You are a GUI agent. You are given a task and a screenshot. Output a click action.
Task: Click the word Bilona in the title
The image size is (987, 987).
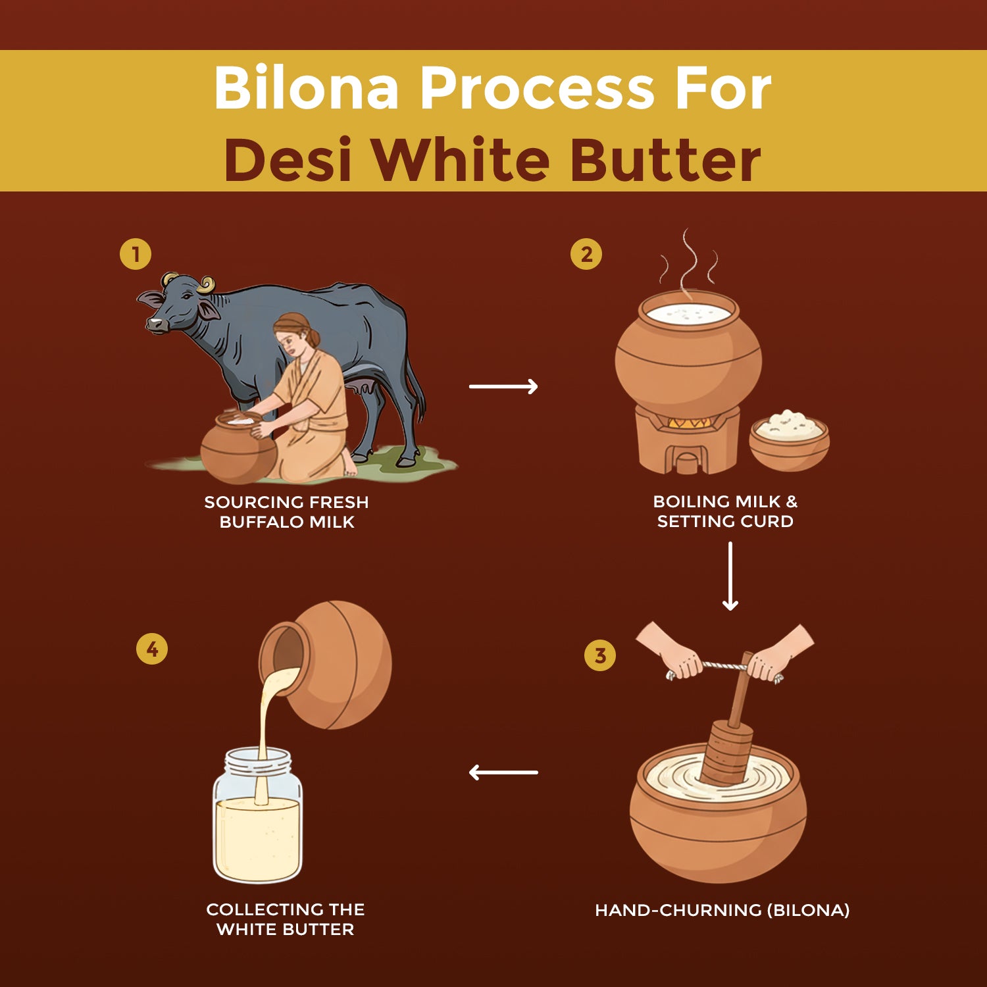point(307,88)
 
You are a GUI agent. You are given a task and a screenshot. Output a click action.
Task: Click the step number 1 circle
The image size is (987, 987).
point(136,255)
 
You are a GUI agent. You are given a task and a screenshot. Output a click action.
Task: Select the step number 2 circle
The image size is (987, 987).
point(586,255)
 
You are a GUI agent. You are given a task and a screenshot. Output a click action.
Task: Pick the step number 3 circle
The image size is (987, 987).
point(600,655)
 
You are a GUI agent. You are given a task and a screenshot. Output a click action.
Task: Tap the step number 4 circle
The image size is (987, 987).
point(152,649)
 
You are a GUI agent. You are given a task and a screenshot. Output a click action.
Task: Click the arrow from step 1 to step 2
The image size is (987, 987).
point(503,386)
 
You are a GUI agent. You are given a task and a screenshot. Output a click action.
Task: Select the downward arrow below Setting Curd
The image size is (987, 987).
point(730,576)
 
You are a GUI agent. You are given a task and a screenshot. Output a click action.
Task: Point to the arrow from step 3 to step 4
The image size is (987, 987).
point(503,772)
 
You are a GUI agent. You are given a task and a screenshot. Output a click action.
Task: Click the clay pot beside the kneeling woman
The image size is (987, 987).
point(238,448)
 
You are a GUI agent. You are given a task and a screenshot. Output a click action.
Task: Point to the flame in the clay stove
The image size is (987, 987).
point(688,424)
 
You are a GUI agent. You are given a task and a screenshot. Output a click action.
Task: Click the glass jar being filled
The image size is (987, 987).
point(258,816)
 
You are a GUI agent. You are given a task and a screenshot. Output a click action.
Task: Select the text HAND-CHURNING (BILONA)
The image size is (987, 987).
point(722,910)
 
